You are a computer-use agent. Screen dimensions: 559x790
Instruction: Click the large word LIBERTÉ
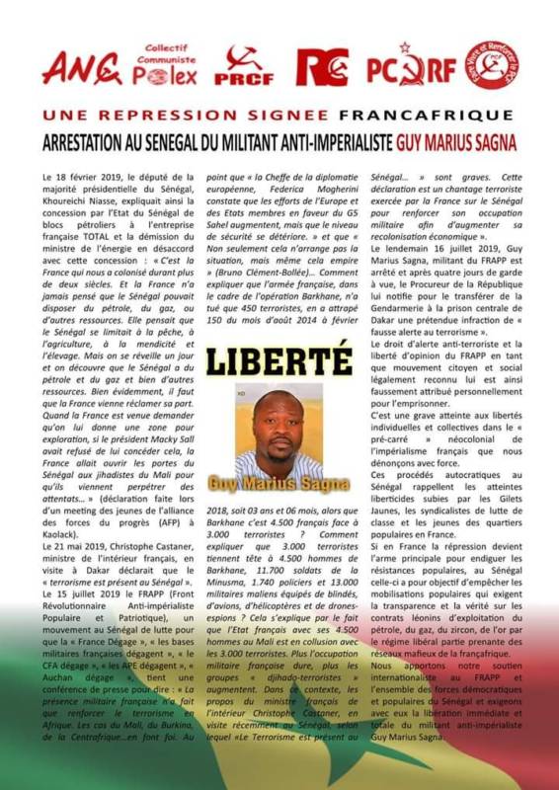[279, 357]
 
